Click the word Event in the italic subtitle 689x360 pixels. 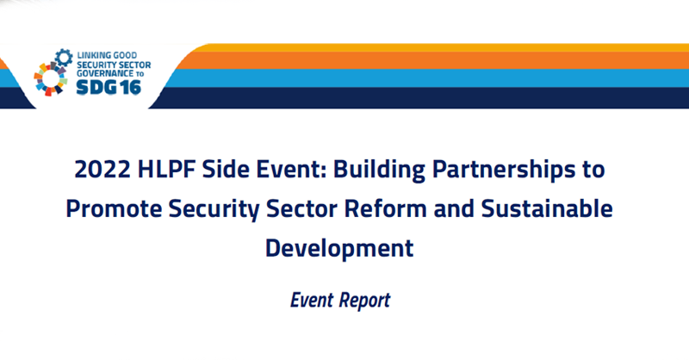point(314,301)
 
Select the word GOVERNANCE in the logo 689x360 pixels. point(102,73)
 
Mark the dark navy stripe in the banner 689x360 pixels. point(431,97)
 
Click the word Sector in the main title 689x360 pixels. point(326,209)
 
